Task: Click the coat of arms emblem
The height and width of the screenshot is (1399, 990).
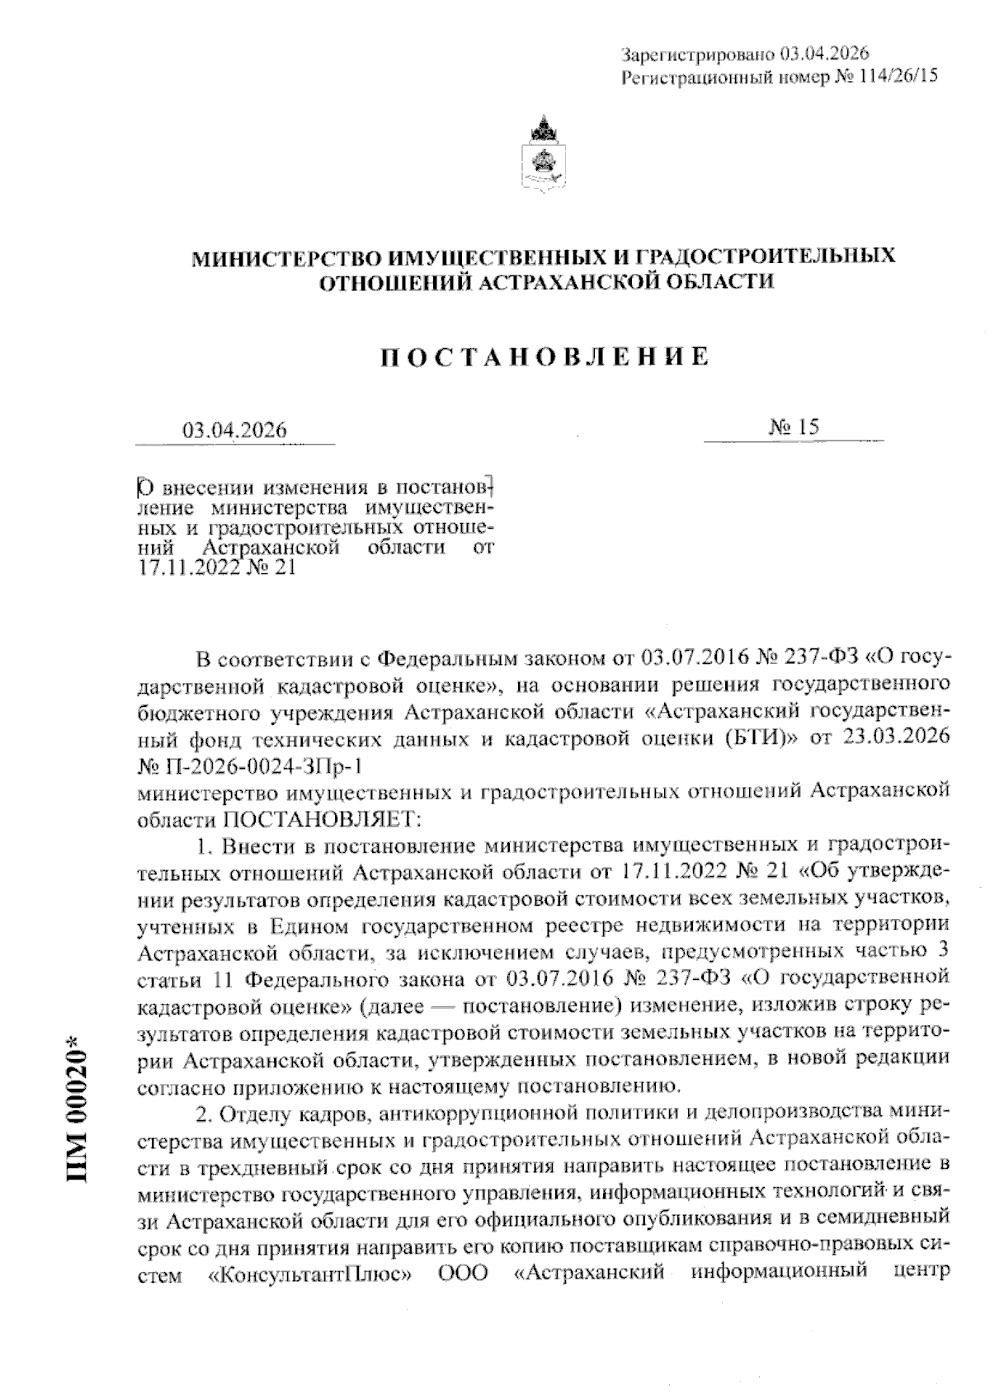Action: coord(541,157)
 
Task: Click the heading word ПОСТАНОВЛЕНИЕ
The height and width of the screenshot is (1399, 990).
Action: coord(544,356)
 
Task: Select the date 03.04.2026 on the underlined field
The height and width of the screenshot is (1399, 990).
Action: coord(234,431)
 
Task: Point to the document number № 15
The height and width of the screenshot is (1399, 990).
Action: coord(794,426)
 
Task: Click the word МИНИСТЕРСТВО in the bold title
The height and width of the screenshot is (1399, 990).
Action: coord(291,257)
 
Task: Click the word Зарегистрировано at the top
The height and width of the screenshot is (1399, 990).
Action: coord(695,54)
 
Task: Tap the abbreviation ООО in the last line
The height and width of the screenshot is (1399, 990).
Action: coord(462,1298)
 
